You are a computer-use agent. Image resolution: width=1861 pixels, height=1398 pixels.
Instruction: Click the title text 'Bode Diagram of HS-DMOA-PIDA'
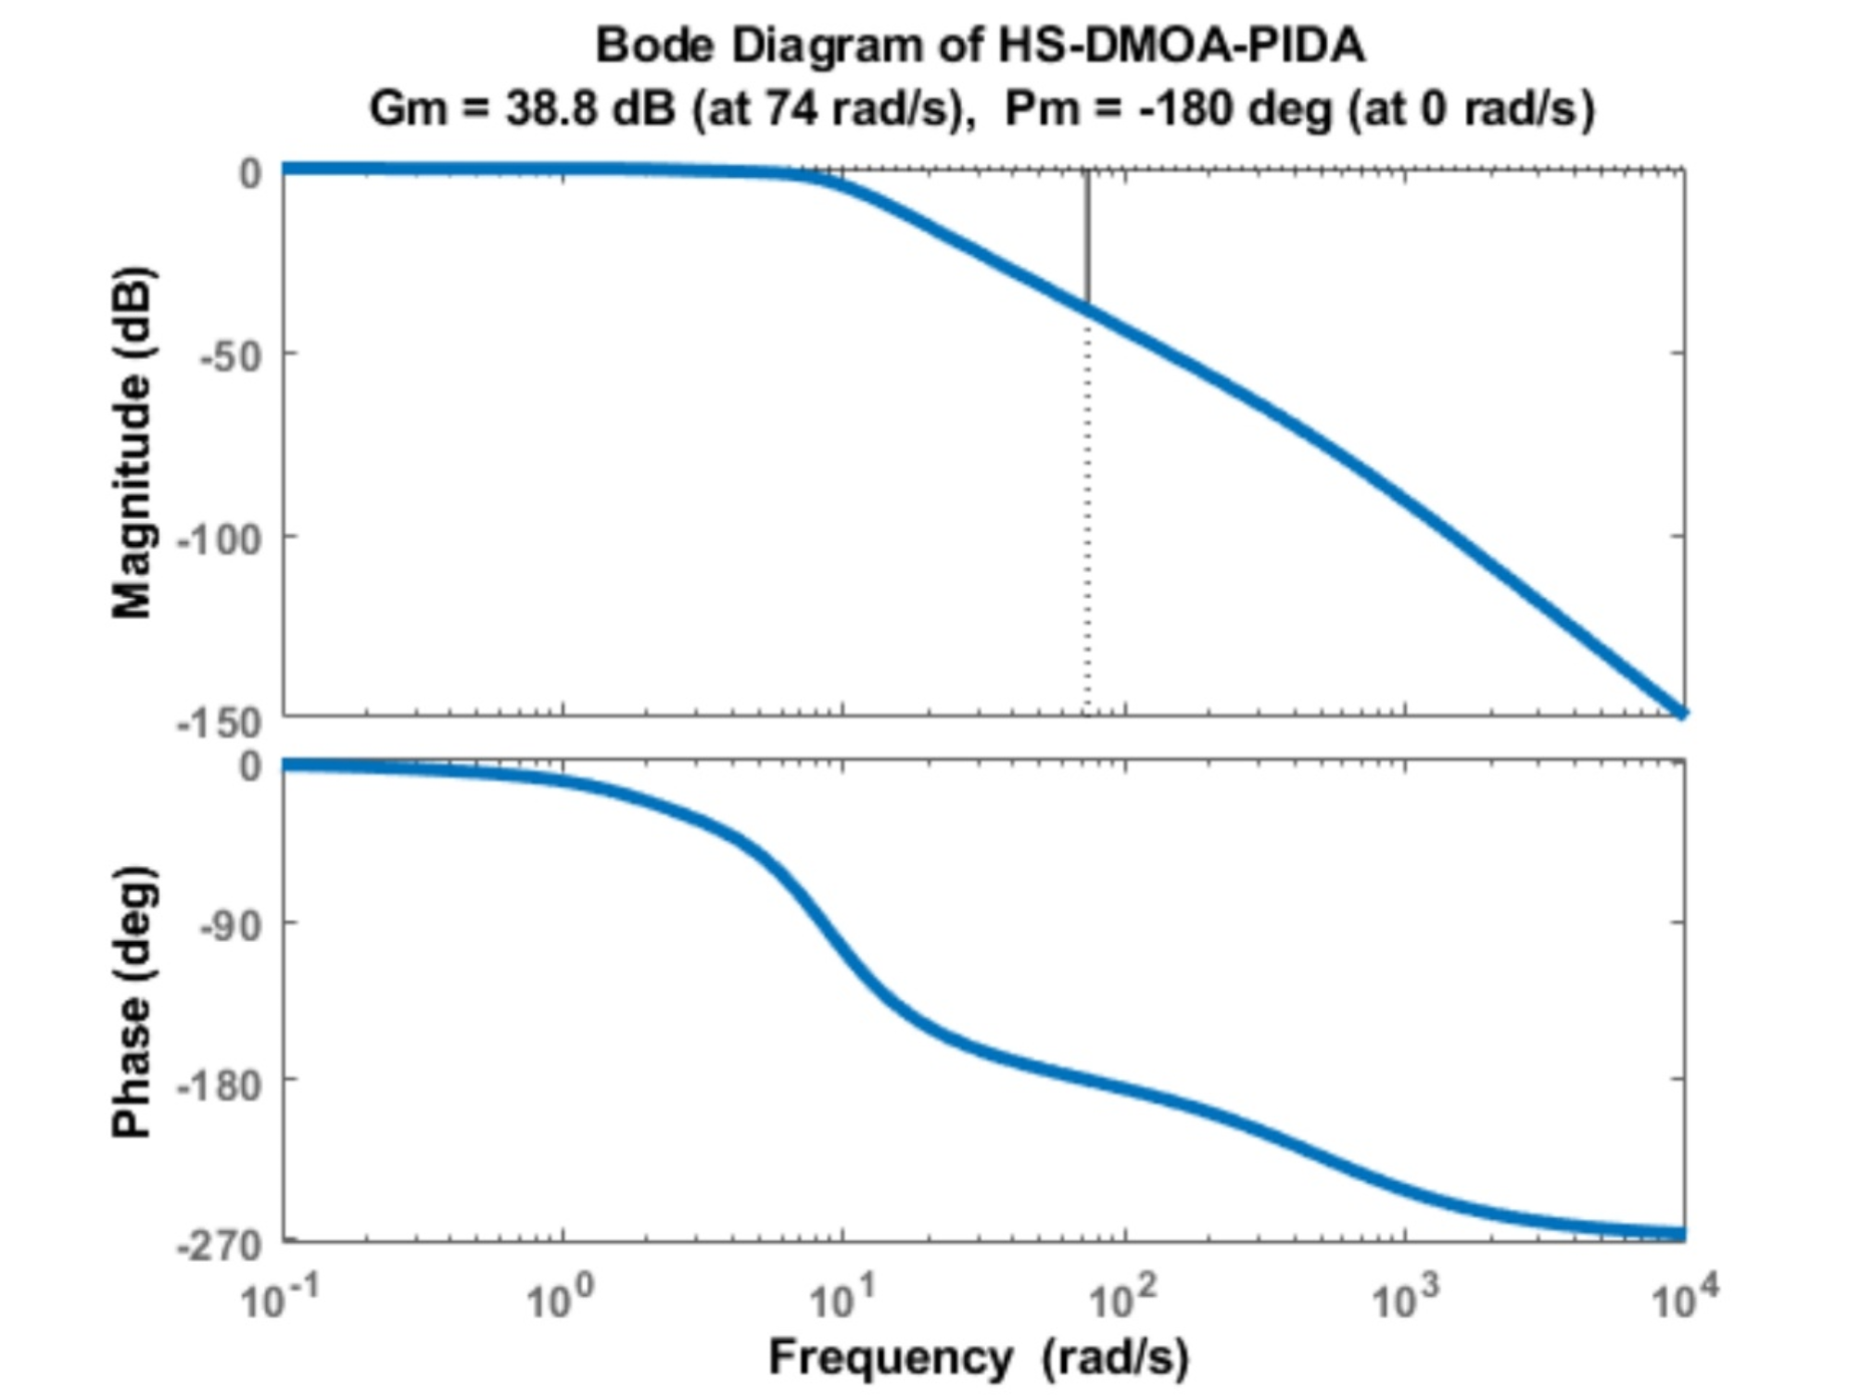980,45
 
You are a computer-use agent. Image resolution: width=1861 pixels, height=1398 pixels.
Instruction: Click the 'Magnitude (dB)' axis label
132,442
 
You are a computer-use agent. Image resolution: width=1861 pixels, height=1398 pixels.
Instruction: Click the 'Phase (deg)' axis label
132,1001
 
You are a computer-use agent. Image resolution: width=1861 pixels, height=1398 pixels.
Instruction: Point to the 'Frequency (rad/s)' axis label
979,1357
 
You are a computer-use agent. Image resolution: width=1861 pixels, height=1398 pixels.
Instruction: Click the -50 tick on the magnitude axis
232,357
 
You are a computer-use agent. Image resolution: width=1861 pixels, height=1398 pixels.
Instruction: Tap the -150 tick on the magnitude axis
221,722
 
